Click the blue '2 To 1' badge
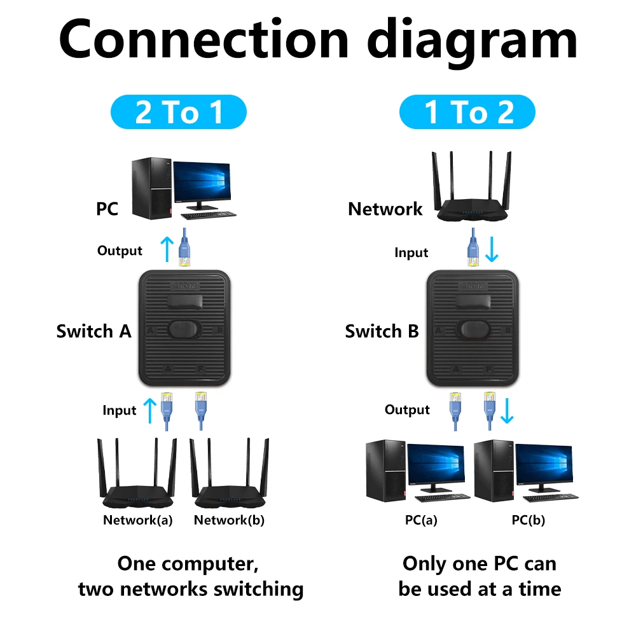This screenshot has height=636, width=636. tap(179, 113)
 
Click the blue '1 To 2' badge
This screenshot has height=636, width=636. tap(467, 113)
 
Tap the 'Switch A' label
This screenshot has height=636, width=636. tap(93, 331)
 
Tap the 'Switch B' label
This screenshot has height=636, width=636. tap(382, 331)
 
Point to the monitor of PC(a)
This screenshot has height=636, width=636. tap(436, 467)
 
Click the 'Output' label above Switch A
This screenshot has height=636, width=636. tap(120, 251)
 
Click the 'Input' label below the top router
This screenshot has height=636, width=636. tap(411, 252)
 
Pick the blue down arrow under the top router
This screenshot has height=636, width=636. tap(492, 250)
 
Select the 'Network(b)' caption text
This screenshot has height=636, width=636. tap(229, 520)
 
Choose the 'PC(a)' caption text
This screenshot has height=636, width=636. tap(421, 520)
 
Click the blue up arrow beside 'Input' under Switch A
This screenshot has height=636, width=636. tap(149, 410)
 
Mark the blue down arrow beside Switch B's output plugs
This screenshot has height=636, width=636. tap(507, 410)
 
